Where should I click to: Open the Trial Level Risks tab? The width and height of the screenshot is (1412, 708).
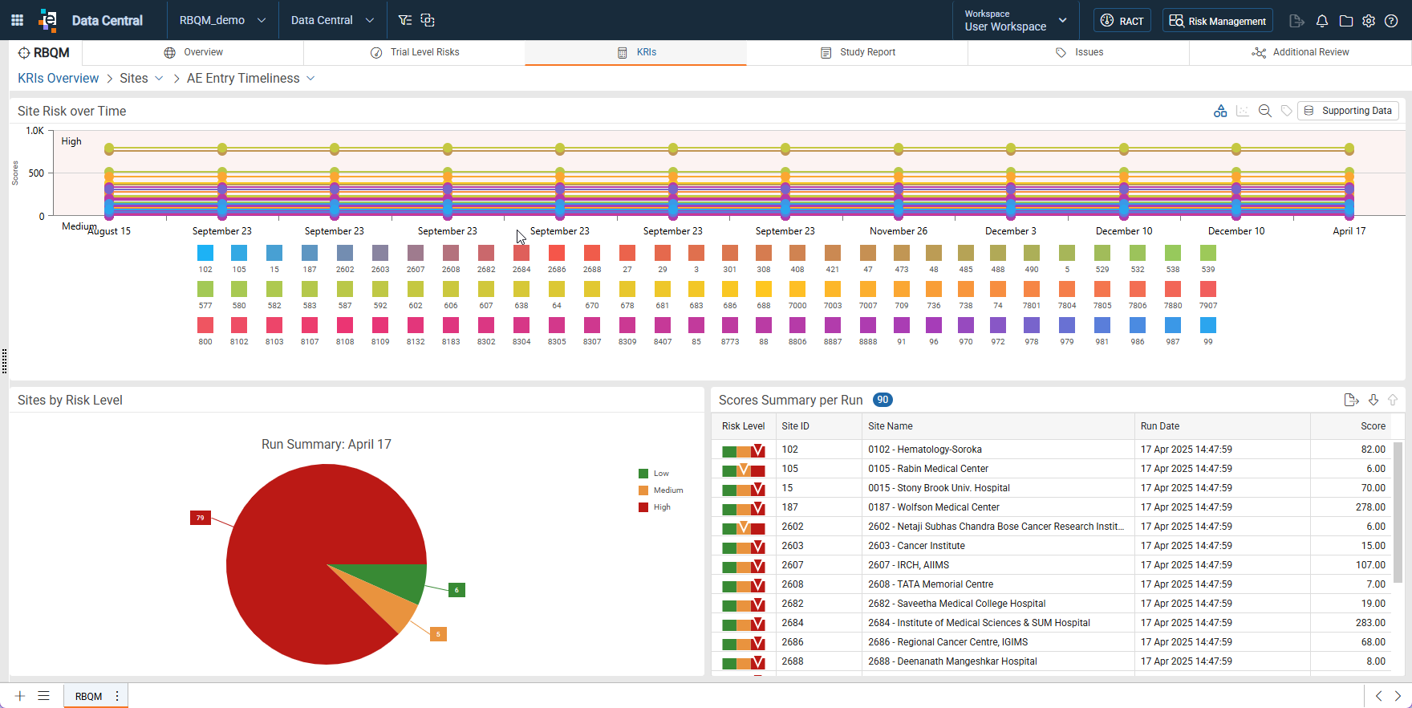[414, 52]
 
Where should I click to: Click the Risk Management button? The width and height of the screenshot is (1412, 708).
[1218, 21]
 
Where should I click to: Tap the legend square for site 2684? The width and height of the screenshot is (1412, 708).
[521, 253]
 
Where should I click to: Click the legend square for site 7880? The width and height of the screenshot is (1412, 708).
[1173, 289]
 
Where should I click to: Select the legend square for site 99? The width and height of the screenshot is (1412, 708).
[1208, 325]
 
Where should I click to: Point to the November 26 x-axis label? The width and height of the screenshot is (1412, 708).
[899, 231]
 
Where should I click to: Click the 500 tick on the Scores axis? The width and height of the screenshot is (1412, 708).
[36, 173]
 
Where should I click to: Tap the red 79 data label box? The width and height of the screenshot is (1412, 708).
[200, 518]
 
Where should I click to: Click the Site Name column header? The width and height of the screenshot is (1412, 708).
[891, 426]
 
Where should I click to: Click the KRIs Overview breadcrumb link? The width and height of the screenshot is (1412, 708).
[59, 79]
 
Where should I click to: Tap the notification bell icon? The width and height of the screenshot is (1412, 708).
[1322, 21]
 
